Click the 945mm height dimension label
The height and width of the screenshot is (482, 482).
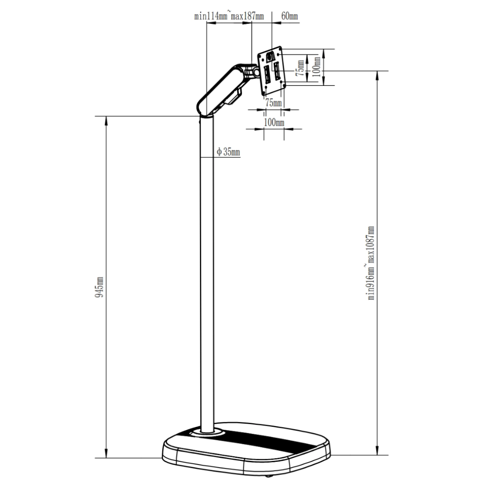(x=100, y=287)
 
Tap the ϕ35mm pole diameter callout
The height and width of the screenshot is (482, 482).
(x=228, y=152)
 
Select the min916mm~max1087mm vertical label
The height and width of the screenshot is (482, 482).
(x=371, y=263)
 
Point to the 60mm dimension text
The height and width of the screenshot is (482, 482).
(x=289, y=16)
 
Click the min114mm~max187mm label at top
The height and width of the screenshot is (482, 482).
(x=229, y=16)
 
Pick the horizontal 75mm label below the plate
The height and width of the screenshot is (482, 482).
(x=274, y=103)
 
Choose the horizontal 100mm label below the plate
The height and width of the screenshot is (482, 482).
(x=274, y=122)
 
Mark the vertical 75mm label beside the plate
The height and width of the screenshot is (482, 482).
(x=300, y=68)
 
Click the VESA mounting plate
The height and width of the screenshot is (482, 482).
(x=272, y=70)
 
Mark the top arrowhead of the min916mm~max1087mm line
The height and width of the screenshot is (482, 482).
(x=378, y=74)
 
